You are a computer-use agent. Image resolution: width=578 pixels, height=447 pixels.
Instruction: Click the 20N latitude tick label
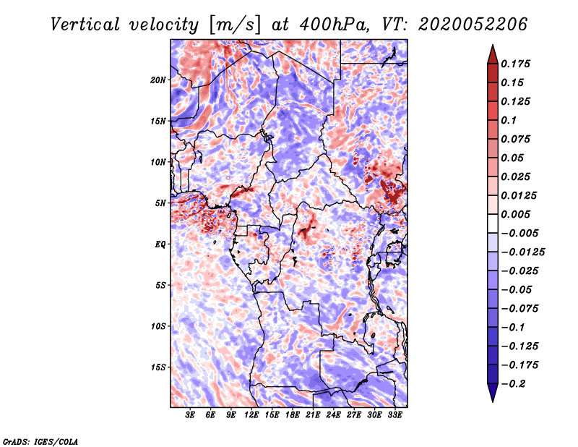158,80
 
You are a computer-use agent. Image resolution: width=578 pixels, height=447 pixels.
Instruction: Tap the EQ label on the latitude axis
160,244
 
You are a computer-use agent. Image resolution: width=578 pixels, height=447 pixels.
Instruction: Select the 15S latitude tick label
158,367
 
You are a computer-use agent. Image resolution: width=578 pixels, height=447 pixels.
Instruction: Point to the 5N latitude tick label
160,203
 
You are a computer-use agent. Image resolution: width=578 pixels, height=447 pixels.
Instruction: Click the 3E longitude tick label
190,415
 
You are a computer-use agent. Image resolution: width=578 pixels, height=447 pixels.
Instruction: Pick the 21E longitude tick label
313,415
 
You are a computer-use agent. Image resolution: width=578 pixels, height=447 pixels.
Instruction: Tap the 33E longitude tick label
394,415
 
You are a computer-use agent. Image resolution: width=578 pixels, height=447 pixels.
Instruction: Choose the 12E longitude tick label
251,415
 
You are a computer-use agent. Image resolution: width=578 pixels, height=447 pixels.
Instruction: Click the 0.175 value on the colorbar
515,64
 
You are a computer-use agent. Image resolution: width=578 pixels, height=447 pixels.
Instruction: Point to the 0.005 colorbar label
515,214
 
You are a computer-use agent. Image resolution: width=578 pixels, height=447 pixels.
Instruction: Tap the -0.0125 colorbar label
522,252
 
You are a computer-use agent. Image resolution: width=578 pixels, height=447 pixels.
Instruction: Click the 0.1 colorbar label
509,120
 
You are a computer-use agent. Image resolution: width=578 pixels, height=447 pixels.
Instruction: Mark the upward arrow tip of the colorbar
493,46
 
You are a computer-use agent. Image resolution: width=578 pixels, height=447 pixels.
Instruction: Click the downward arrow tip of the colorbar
493,401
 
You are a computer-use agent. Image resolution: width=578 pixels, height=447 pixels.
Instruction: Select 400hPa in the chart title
334,25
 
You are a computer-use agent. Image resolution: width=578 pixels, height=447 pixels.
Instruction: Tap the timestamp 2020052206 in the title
473,25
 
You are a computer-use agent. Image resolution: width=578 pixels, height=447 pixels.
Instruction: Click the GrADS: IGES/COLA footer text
40,441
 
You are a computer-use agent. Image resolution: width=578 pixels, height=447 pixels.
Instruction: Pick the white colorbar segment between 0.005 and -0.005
493,223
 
